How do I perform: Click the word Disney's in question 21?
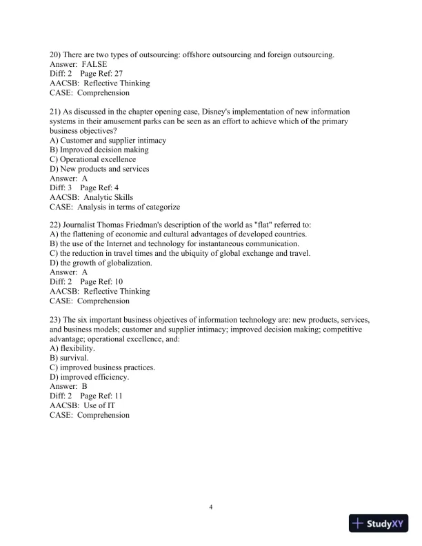pyautogui.click(x=213, y=112)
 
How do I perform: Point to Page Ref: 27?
pyautogui.click(x=101, y=74)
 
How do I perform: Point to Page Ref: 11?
pyautogui.click(x=101, y=396)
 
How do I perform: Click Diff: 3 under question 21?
pyautogui.click(x=61, y=188)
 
